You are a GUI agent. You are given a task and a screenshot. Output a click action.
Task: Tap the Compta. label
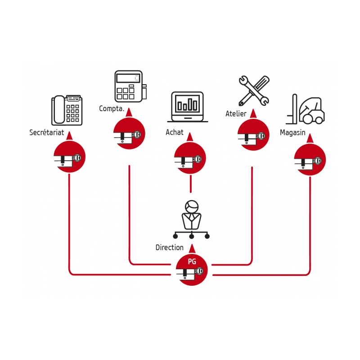tap(112, 109)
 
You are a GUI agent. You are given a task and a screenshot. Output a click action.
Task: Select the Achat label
tap(175, 132)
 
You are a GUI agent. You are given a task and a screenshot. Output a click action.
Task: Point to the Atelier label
tap(236, 114)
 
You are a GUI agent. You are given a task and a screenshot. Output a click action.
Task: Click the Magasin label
tap(292, 133)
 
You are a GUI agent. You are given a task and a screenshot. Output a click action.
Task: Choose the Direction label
tap(170, 247)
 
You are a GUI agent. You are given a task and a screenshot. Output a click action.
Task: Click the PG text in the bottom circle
tap(191, 261)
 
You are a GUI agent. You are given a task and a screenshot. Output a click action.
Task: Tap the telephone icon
tap(67, 110)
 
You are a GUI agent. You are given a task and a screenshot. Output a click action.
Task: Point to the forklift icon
tap(306, 109)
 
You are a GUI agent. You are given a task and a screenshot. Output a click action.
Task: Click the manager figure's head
tap(192, 207)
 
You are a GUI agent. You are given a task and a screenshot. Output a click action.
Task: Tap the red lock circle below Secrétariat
tap(69, 157)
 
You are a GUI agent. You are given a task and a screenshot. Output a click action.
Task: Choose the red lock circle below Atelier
tap(253, 135)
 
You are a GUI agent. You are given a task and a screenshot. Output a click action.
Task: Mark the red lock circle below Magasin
tap(310, 160)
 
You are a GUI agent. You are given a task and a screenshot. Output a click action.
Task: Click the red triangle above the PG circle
tap(192, 248)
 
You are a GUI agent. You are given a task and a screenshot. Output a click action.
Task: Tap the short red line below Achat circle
tap(191, 184)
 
